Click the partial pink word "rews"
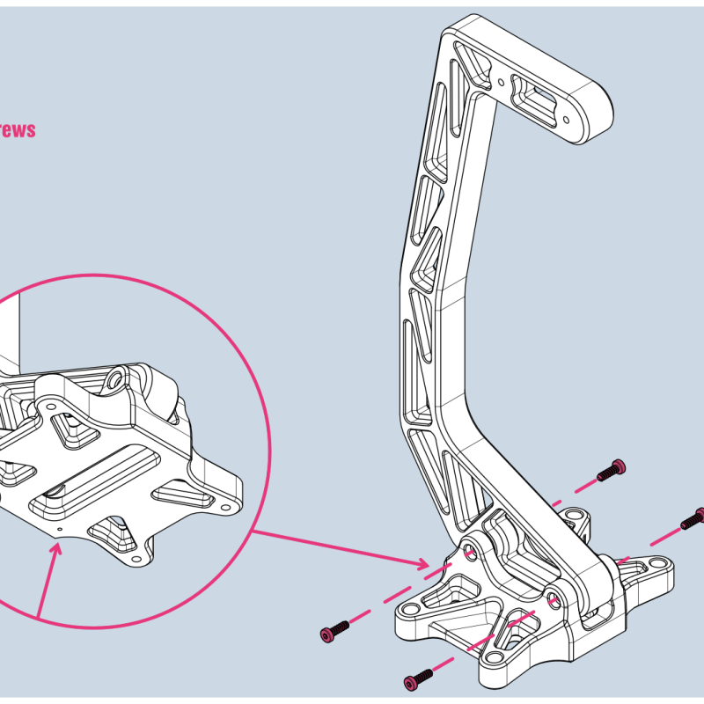click(x=18, y=130)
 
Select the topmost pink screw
click(x=611, y=470)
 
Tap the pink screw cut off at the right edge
click(x=693, y=518)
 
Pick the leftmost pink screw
click(x=334, y=631)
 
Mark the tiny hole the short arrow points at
click(x=58, y=531)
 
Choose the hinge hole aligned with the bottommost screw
click(x=553, y=598)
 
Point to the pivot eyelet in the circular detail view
click(x=114, y=380)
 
